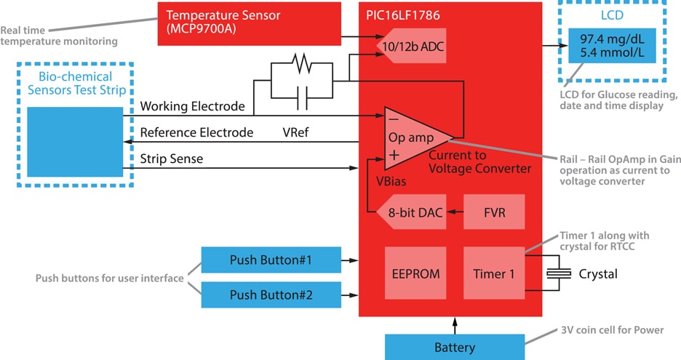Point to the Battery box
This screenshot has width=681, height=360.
coord(454,347)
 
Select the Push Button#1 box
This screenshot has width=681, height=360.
coord(270,260)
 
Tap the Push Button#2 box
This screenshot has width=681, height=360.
coord(270,295)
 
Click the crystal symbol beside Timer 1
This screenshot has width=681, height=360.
coord(558,274)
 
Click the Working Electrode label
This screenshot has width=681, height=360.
coord(192,106)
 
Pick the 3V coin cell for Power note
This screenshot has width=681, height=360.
coord(612,330)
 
